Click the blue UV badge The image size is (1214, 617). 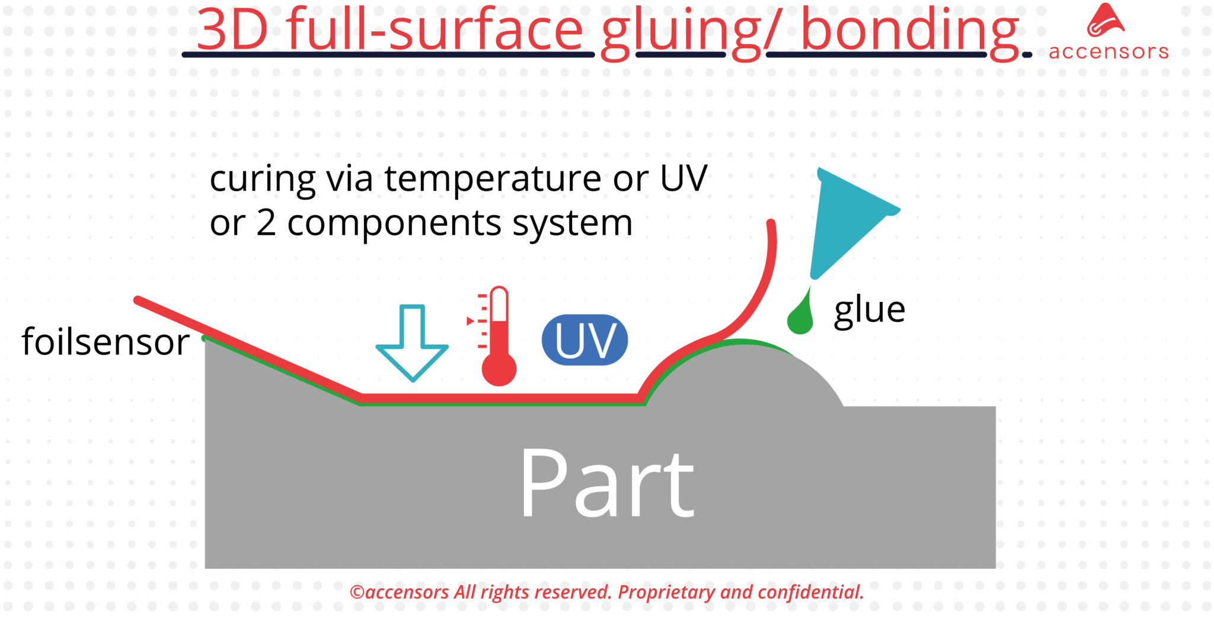584,340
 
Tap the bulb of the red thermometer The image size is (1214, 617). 499,369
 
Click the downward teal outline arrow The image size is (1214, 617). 412,344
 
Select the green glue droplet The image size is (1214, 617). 800,319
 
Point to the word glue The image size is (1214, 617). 869,310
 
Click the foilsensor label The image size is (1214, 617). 106,342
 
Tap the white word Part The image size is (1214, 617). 606,483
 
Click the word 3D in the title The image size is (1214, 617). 232,30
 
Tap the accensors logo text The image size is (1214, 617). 1108,52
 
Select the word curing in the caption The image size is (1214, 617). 262,179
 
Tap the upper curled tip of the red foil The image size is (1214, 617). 771,225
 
